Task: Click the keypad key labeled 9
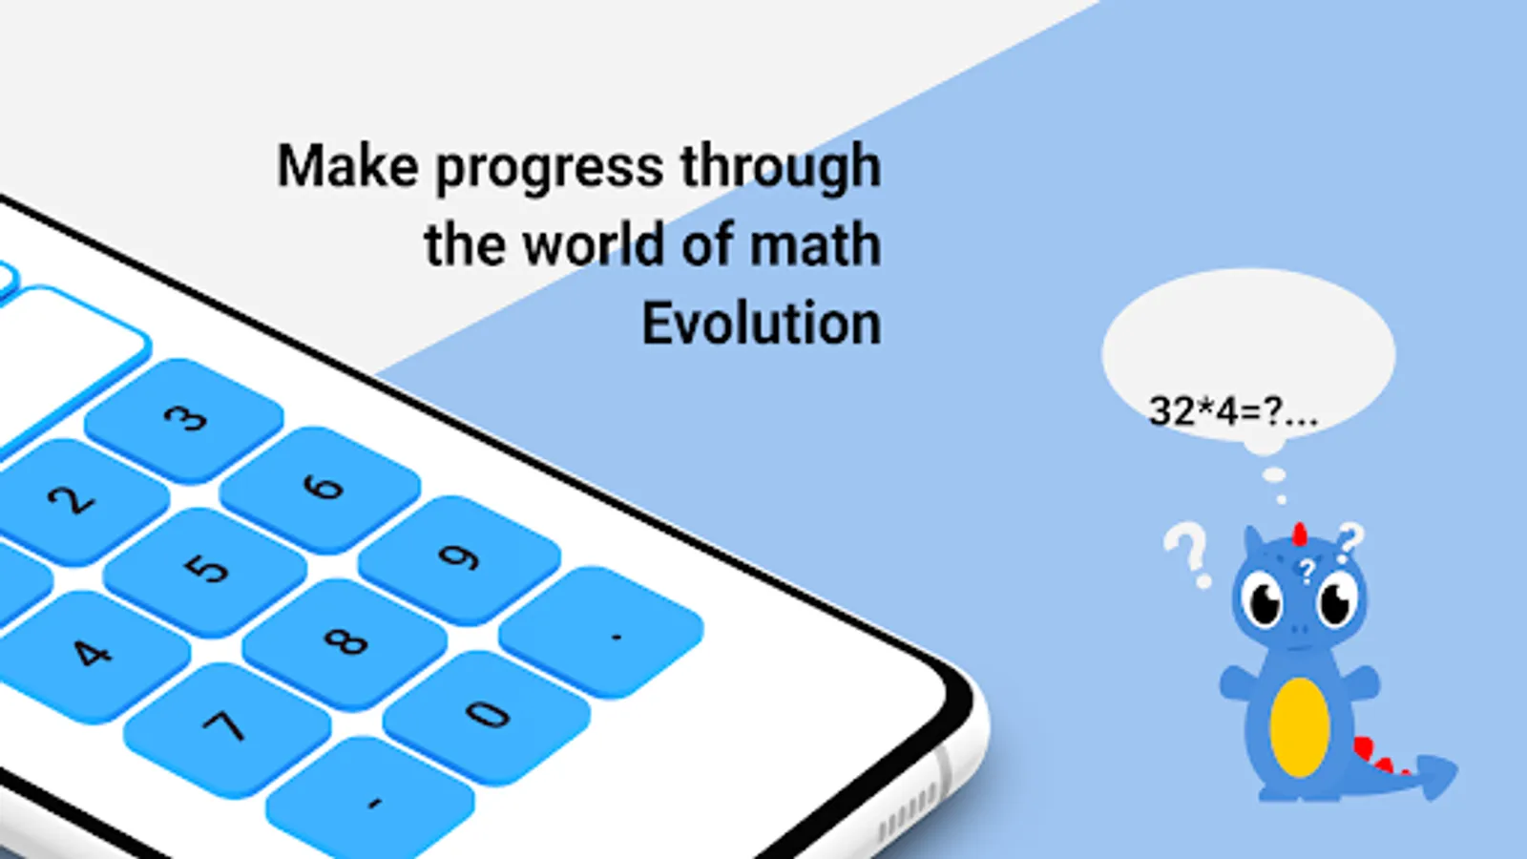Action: point(458,557)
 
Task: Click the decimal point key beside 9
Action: point(601,631)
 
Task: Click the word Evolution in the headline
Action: point(762,324)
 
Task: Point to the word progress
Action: point(550,168)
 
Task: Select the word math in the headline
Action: point(815,244)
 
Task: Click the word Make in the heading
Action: point(347,165)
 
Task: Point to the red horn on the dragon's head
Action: point(1300,534)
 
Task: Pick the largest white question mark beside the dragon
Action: point(1189,554)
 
